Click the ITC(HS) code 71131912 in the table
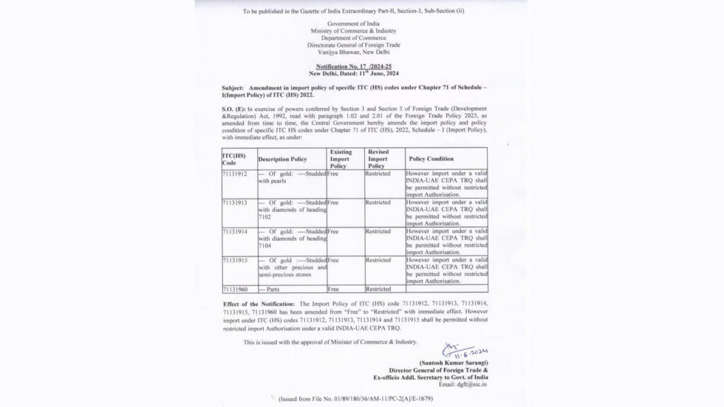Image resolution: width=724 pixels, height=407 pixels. [x=234, y=173]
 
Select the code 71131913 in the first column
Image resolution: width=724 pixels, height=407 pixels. [x=234, y=202]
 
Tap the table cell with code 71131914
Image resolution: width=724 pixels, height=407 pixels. [x=234, y=231]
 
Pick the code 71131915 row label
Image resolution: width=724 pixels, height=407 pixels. [x=234, y=260]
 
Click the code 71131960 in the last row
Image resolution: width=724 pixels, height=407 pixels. [x=234, y=289]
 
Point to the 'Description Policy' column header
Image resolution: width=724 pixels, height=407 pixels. [x=282, y=159]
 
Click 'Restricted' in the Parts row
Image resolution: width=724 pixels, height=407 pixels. [x=378, y=289]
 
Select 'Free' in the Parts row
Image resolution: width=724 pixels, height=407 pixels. [x=334, y=289]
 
